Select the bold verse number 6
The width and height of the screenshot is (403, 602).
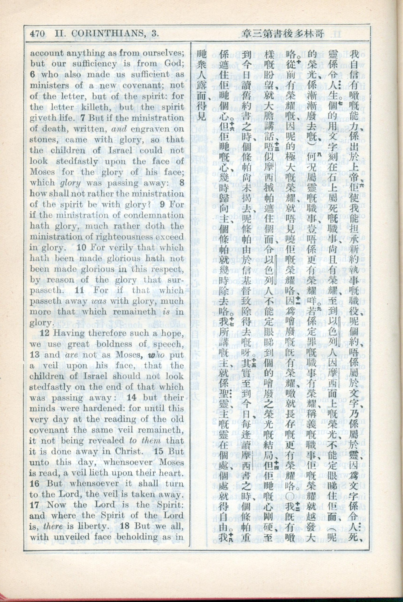tap(32, 74)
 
